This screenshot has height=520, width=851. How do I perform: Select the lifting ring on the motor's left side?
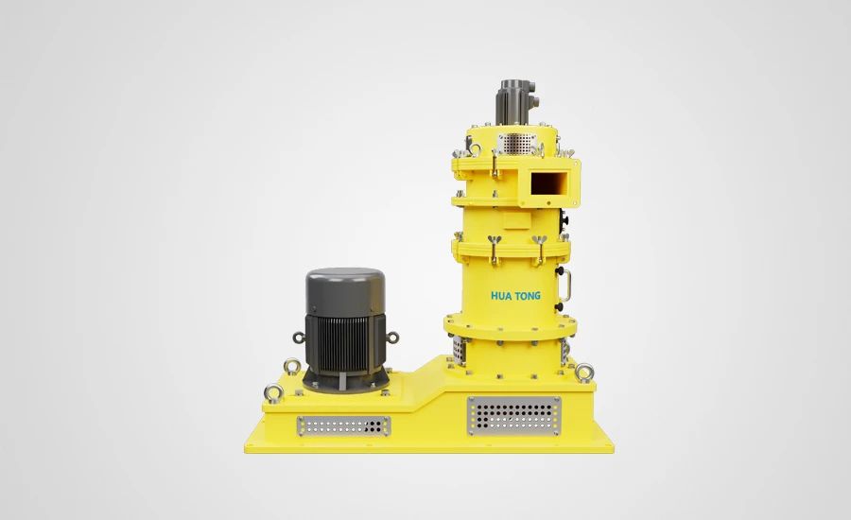pyautogui.click(x=299, y=338)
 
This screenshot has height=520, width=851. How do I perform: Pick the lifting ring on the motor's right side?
pyautogui.click(x=392, y=338)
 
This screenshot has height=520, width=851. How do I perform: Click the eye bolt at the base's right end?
pyautogui.click(x=584, y=373)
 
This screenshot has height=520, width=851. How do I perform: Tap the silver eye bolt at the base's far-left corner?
pyautogui.click(x=273, y=392)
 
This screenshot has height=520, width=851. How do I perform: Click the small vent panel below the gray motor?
pyautogui.click(x=343, y=426)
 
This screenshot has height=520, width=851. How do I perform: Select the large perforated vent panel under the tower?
pyautogui.click(x=514, y=415)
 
